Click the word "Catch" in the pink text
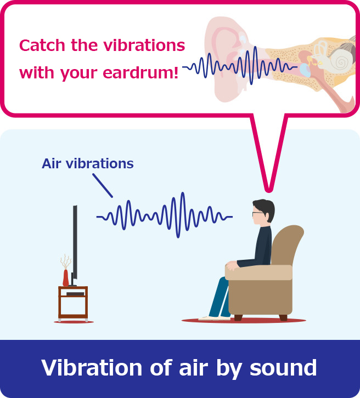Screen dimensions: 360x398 click(42, 45)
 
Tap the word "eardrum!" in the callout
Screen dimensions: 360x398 click(140, 73)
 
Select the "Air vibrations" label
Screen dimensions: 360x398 click(88, 163)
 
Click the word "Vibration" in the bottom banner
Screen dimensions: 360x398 click(92, 367)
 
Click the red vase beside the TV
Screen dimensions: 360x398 click(65, 278)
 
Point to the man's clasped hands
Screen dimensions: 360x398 click(232, 265)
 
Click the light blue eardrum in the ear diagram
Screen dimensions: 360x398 click(305, 70)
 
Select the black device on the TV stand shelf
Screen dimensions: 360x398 click(75, 294)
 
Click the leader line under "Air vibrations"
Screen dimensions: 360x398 click(103, 185)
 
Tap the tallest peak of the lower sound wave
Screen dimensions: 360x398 click(182, 193)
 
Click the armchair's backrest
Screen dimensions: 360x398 click(285, 244)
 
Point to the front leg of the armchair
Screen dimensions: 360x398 click(238, 317)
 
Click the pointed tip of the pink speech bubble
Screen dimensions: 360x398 click(268, 191)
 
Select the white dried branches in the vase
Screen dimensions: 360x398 click(65, 261)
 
